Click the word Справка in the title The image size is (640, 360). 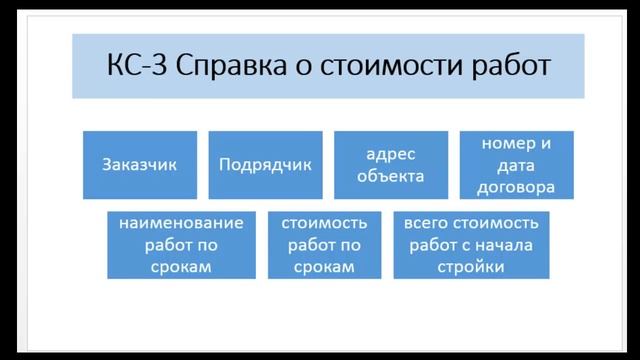(225, 67)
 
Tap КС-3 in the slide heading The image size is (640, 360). (134, 67)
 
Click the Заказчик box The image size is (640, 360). (140, 164)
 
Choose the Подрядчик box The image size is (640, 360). (265, 164)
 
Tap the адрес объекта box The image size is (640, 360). (390, 164)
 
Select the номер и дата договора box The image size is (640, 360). (516, 164)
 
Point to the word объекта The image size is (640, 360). (390, 176)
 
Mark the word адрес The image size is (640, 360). (390, 153)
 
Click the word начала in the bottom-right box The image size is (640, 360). (510, 244)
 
